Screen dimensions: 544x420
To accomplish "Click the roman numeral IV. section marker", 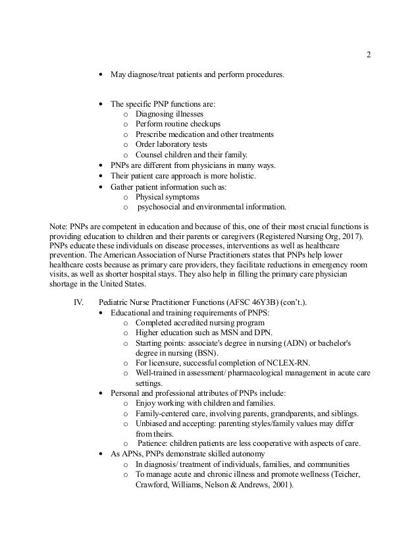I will click(x=76, y=301).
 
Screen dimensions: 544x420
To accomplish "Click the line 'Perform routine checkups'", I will click(x=178, y=124).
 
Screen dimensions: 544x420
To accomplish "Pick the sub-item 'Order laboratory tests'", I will click(x=171, y=144).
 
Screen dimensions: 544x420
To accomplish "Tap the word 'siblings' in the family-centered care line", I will click(x=344, y=414).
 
